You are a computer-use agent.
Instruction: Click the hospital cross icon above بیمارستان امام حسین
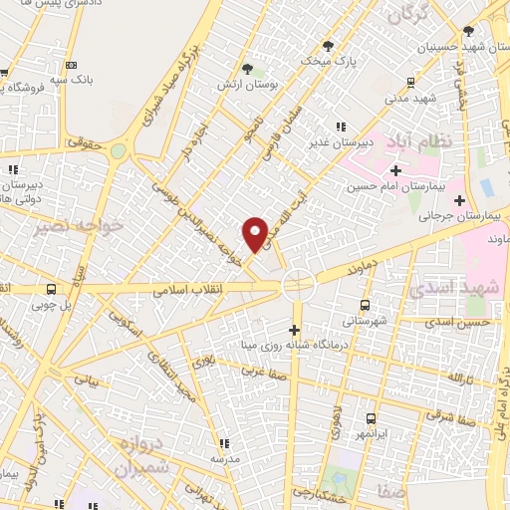395,172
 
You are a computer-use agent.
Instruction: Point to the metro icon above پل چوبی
51,289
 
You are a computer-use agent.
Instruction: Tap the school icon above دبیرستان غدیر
341,127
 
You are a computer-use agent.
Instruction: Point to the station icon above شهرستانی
364,306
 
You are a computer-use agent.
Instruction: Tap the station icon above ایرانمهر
371,419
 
